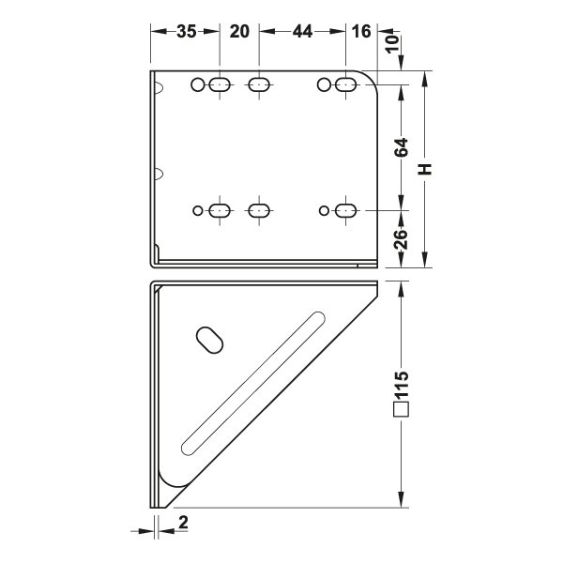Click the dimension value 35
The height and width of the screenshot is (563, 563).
click(187, 32)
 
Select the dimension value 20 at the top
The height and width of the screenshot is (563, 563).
click(239, 32)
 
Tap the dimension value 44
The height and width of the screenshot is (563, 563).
click(302, 32)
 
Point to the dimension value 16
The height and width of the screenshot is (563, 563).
click(361, 32)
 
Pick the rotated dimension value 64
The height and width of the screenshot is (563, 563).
click(402, 147)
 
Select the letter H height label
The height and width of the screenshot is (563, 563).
click(425, 169)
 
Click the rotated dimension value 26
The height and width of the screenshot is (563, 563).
click(402, 239)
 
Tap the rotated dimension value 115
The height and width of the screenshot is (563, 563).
click(402, 385)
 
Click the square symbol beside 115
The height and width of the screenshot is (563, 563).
click(401, 409)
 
